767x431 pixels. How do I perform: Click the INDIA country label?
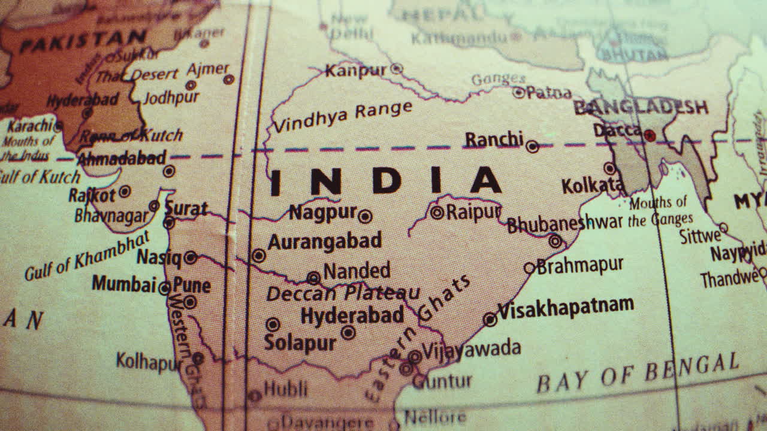pos(385,181)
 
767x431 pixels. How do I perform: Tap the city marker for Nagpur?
pos(365,217)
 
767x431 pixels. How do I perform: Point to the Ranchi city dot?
pos(532,147)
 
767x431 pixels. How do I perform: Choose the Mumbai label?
pos(123,284)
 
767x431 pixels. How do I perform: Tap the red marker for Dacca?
pos(650,135)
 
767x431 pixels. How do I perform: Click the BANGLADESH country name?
pos(641,108)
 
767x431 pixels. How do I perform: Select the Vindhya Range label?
pos(342,117)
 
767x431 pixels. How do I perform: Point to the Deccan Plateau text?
pos(343,293)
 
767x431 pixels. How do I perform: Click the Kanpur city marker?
pos(396,69)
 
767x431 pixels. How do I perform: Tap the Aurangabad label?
pos(324,241)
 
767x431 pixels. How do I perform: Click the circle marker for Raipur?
pos(437,212)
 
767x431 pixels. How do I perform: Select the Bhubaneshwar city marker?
pos(555,241)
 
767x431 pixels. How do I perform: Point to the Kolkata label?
pos(592,186)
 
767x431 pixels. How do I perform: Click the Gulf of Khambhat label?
pos(86,256)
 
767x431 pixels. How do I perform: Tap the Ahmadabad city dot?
pos(169,171)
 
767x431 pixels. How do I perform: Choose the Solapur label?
pos(300,343)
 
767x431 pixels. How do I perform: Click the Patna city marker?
pos(519,92)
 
